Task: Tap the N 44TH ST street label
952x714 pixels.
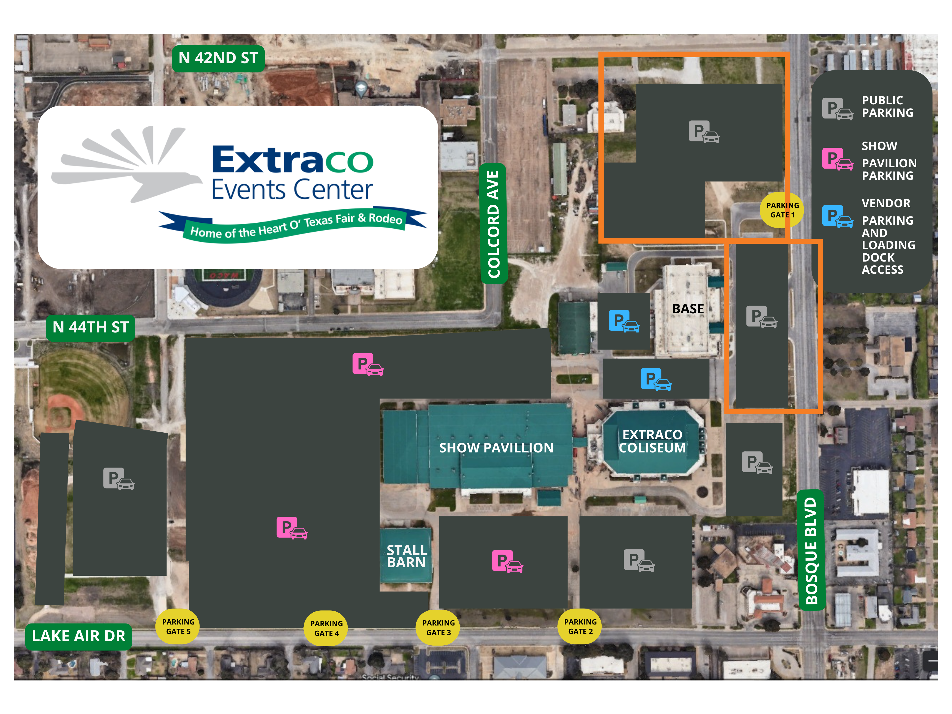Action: click(90, 327)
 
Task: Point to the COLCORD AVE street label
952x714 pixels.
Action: click(493, 224)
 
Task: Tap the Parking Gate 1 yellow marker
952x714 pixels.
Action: click(782, 210)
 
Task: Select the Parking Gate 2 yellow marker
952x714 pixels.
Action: click(580, 627)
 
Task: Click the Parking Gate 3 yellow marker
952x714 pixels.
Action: click(438, 627)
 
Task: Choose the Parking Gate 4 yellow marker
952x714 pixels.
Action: click(326, 628)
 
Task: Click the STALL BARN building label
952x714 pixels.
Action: click(406, 556)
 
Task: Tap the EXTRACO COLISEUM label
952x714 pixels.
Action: click(652, 441)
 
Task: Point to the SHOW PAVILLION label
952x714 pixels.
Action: click(496, 448)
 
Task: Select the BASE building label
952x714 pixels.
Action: click(688, 309)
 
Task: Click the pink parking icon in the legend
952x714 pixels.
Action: click(837, 159)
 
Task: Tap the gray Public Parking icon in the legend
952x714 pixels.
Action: click(837, 108)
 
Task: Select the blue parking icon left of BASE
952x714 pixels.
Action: click(624, 321)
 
